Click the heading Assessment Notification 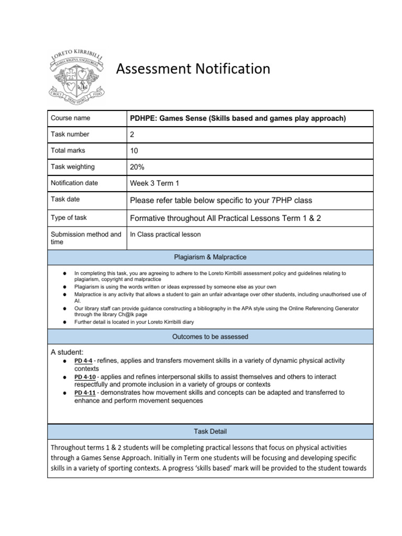[x=193, y=69]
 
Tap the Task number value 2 [x=132, y=135]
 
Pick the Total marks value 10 [x=134, y=151]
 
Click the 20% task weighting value [x=137, y=167]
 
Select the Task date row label [x=65, y=199]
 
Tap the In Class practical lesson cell [x=165, y=234]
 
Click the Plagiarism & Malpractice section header [x=210, y=257]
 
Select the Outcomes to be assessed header [x=210, y=337]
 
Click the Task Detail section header [x=210, y=431]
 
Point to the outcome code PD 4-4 [x=84, y=361]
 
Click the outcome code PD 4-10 [x=85, y=377]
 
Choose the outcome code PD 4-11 [x=85, y=393]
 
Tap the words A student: [x=67, y=352]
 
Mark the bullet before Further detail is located [x=63, y=322]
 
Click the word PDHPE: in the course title [x=144, y=118]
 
